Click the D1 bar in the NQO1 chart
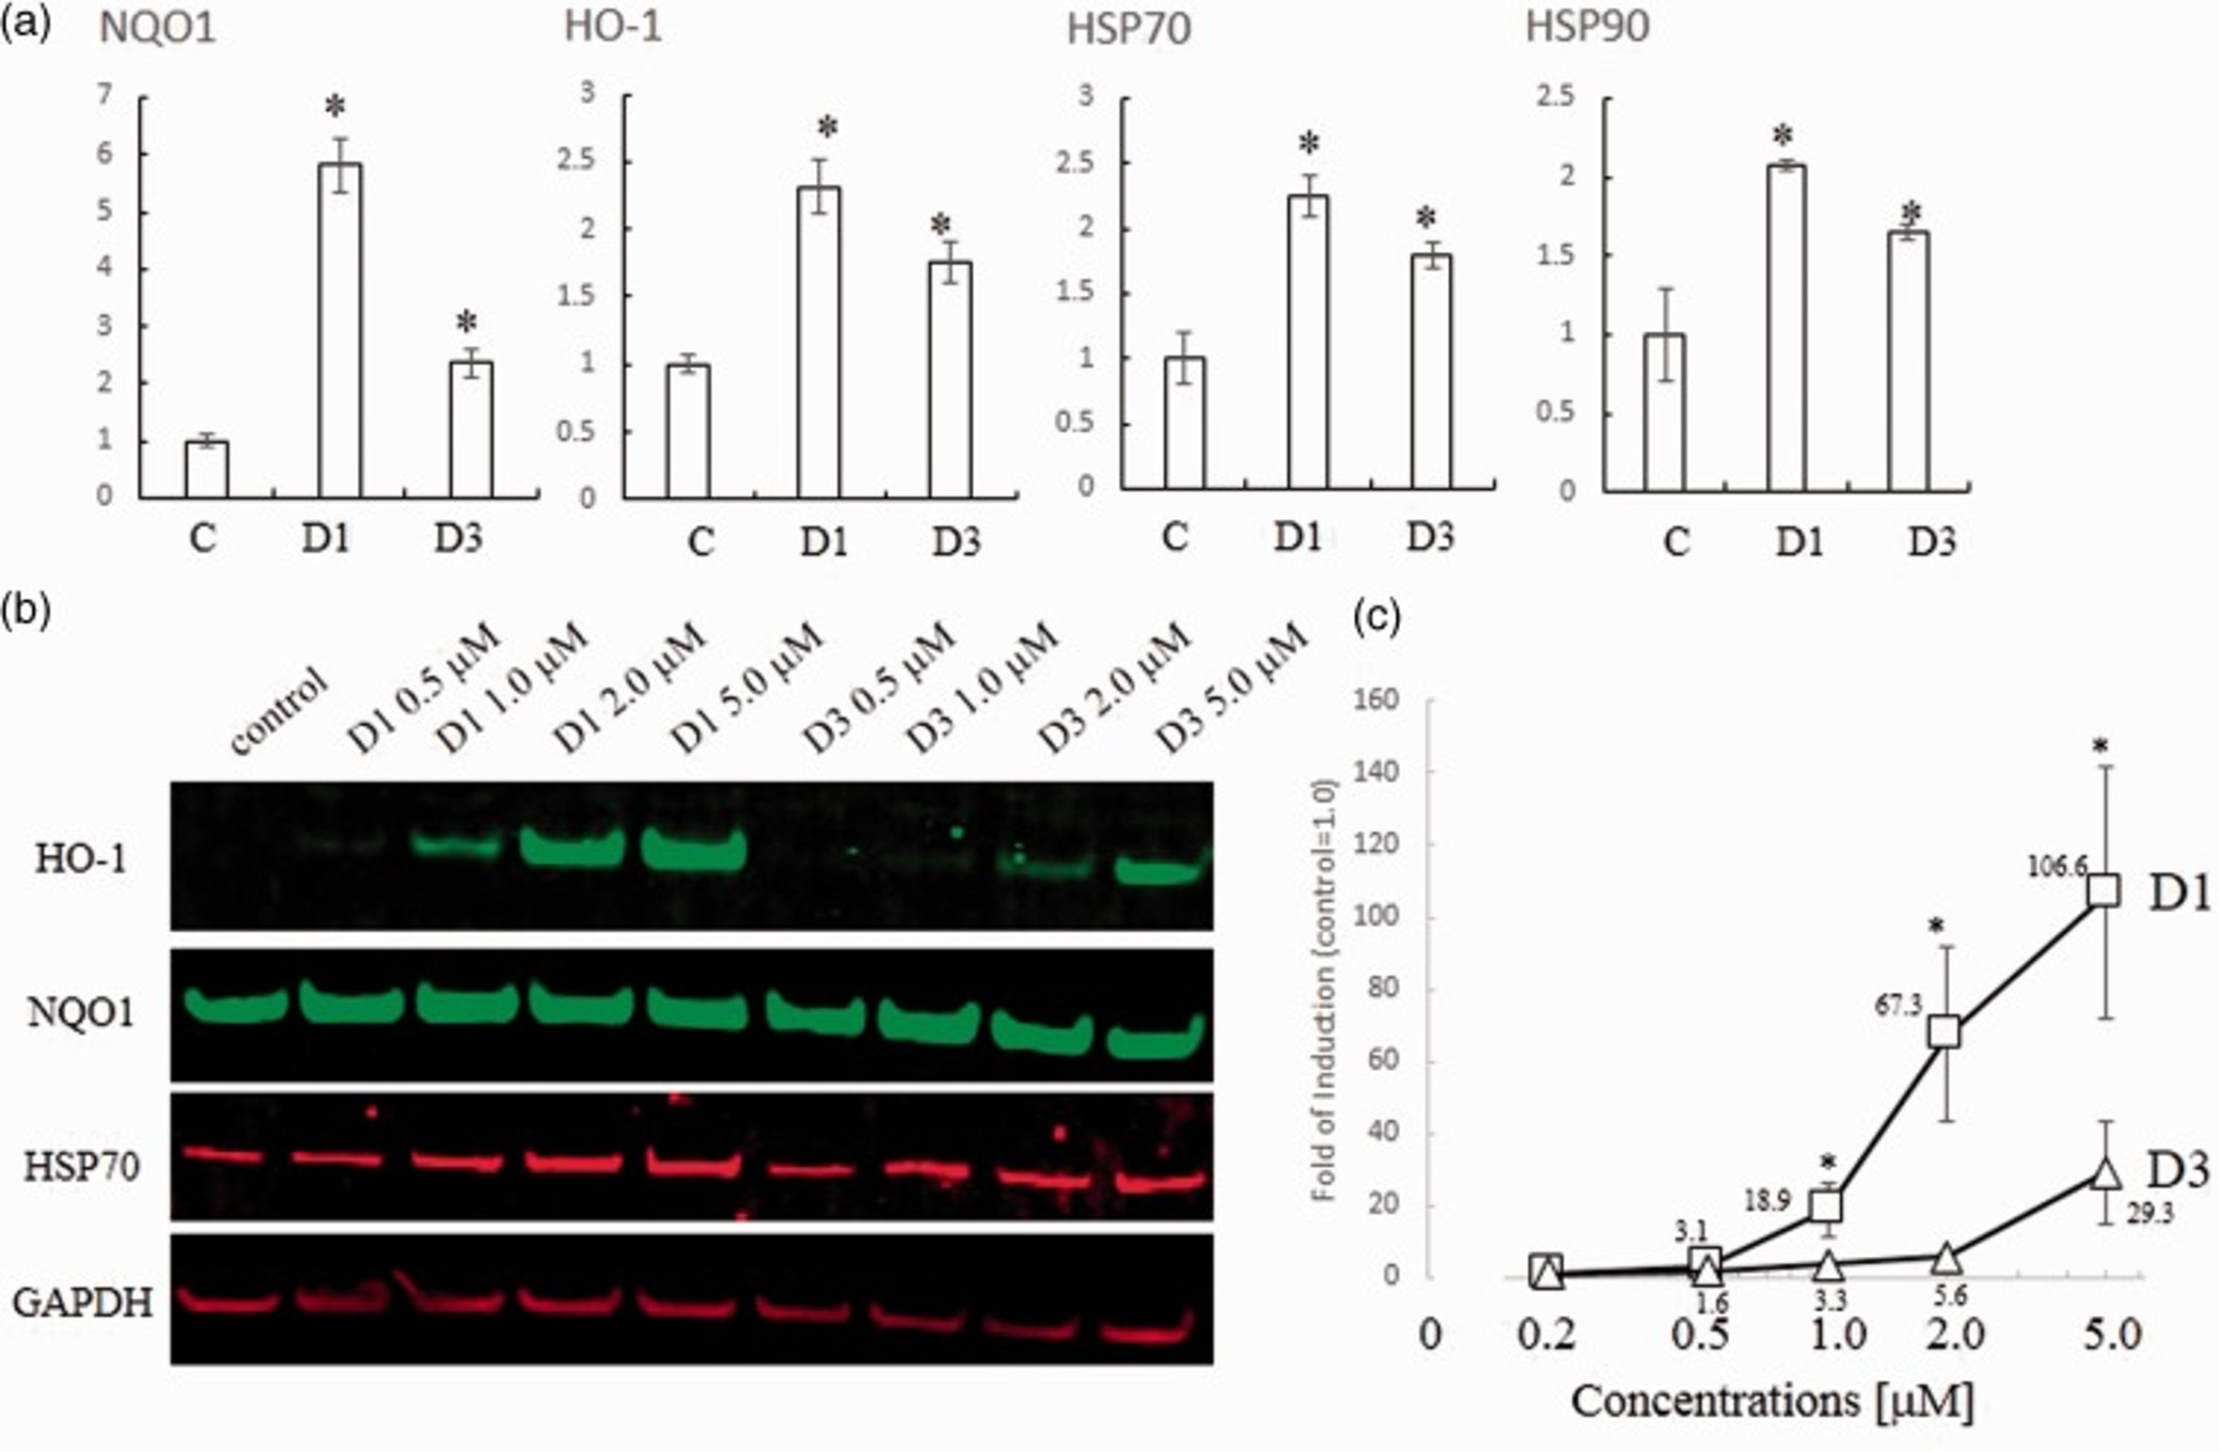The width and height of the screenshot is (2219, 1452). coord(339,329)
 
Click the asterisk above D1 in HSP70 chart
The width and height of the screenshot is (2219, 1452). coord(1309,144)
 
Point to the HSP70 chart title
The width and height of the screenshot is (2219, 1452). coord(1127,29)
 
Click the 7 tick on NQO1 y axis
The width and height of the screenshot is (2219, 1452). coord(104,94)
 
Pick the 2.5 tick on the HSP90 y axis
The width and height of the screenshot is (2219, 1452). coord(1554,97)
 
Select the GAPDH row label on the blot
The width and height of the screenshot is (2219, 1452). coord(83,1302)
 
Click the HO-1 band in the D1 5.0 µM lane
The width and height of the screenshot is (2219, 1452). coord(693,849)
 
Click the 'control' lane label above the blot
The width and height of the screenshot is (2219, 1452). coord(278,711)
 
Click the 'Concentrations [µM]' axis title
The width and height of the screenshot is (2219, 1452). coord(1771,1400)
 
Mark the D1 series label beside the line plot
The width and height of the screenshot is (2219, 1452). coord(2179,893)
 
